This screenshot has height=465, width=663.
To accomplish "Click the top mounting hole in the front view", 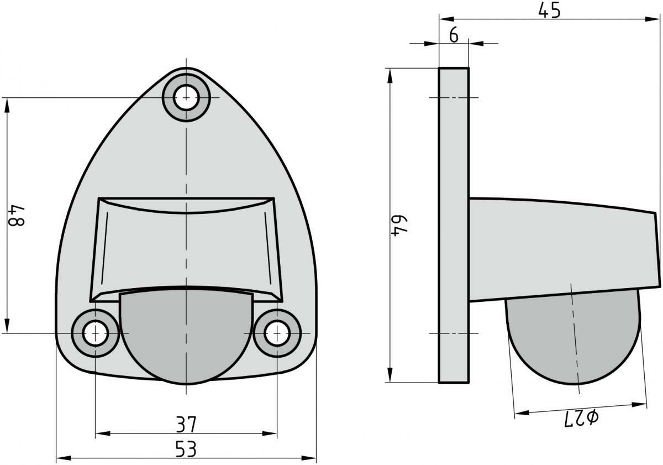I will tap(186, 99).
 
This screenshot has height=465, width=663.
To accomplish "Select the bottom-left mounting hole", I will tap(96, 333).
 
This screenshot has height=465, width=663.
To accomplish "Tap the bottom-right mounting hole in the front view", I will tap(277, 333).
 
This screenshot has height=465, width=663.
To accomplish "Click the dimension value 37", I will tap(186, 425).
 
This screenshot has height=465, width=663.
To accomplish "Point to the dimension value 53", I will tap(186, 449).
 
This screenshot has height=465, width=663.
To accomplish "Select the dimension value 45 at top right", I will tap(549, 11).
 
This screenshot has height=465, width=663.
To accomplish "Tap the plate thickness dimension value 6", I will tap(454, 35).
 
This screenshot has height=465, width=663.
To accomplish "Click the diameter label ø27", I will tap(581, 418).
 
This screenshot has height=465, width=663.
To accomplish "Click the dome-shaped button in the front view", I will tap(186, 337).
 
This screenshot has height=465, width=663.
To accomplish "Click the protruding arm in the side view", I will tap(558, 249).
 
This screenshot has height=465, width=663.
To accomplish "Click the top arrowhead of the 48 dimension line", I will tap(7, 103).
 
